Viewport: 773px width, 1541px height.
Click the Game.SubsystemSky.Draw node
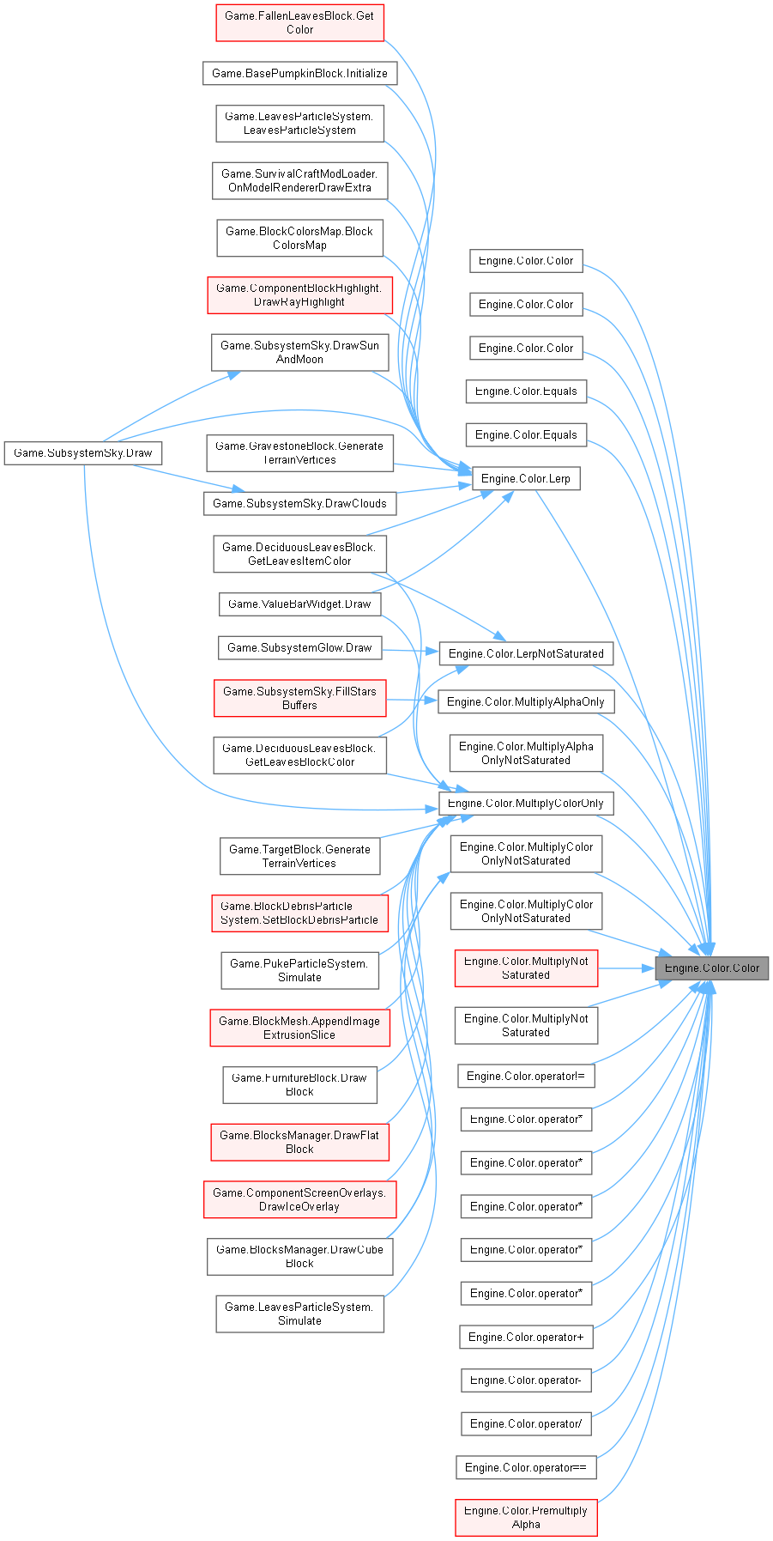(83, 452)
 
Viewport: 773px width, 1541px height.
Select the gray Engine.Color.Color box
(712, 968)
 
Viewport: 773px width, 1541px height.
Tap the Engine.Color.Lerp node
(526, 478)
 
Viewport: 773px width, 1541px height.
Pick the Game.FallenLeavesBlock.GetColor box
(299, 22)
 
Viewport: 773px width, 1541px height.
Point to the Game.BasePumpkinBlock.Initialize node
(299, 73)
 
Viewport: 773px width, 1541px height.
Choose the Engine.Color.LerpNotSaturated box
(526, 653)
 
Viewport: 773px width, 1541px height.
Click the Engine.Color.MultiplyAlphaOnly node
(526, 701)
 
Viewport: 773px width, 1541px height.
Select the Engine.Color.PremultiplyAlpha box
(526, 1517)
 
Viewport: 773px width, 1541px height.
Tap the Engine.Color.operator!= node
(526, 1076)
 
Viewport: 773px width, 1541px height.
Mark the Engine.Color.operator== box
(526, 1467)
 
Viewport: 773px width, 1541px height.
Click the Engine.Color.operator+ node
(526, 1337)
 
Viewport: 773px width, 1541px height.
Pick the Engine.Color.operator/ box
(526, 1423)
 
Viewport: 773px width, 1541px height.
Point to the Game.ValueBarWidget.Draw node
(299, 604)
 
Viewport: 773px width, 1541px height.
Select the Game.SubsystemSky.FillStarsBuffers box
(299, 698)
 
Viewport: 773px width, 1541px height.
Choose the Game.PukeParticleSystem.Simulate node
(299, 970)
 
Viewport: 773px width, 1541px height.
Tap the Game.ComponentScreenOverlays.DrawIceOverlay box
(299, 1199)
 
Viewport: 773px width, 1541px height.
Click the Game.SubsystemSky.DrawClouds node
(299, 503)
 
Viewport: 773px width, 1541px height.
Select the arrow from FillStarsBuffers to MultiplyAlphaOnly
(412, 701)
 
